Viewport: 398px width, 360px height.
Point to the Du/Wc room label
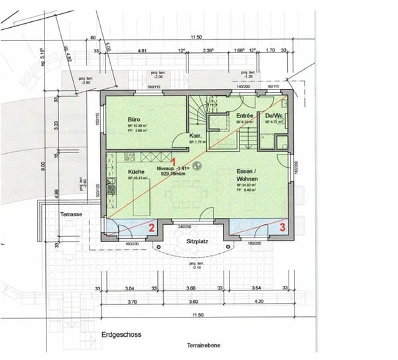274,115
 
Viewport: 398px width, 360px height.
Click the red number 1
174,161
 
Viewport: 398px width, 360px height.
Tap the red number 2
151,227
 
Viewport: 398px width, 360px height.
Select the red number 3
283,226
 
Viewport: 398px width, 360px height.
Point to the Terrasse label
71,215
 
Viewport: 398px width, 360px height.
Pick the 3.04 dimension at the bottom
130,288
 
